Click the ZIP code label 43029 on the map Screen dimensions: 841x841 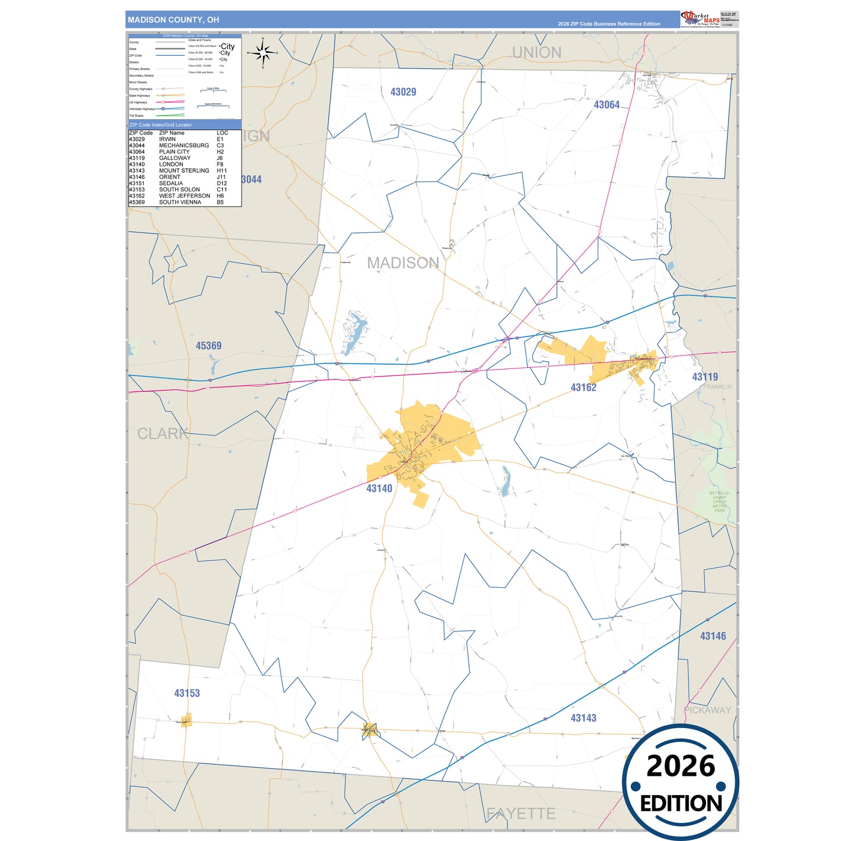(x=403, y=92)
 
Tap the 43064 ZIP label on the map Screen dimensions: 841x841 (x=606, y=105)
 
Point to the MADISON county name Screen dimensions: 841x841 (x=403, y=263)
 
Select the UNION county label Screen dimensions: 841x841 (x=537, y=52)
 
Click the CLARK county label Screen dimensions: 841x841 (x=162, y=434)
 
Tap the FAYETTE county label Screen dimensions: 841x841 (x=520, y=813)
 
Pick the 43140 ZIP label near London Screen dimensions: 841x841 (x=379, y=488)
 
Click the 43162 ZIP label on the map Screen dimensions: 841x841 (x=583, y=388)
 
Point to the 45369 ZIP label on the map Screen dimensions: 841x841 (x=208, y=346)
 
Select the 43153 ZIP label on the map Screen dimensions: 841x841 (x=187, y=693)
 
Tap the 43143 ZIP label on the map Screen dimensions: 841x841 (x=583, y=718)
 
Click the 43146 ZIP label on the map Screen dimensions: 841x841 (x=713, y=636)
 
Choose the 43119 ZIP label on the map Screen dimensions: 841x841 (x=705, y=377)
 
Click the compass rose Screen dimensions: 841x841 (x=263, y=53)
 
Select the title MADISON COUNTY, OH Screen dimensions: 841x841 (x=173, y=20)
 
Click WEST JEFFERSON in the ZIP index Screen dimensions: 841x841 (x=184, y=196)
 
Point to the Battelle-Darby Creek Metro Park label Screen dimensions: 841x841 (x=719, y=502)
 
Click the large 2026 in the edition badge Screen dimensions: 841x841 (x=680, y=766)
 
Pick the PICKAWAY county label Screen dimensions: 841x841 (x=707, y=710)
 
